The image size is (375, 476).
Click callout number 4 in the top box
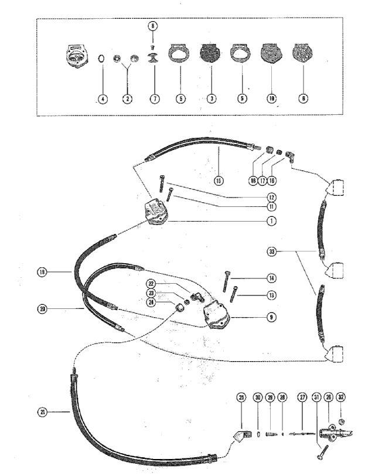click(103, 98)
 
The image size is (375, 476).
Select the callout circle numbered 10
click(271, 98)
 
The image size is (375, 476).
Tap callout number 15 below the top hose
click(218, 180)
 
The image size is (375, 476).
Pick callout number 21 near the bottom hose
click(42, 412)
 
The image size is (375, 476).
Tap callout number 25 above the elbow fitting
click(240, 397)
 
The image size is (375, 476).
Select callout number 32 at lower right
click(342, 397)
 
